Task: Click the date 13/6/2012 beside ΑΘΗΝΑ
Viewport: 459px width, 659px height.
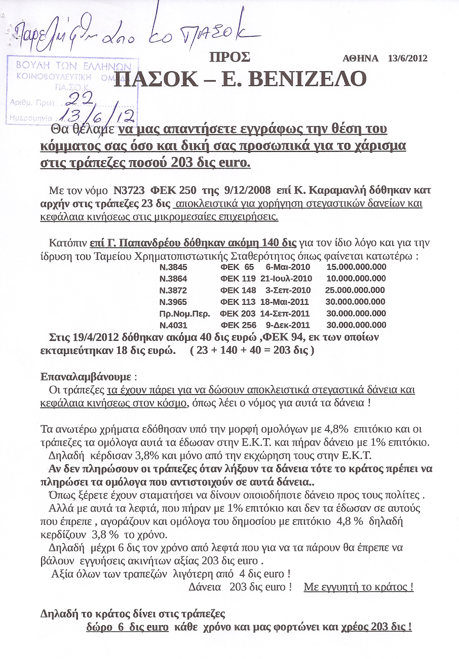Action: point(408,58)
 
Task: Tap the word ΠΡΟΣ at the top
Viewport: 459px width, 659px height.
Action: point(230,57)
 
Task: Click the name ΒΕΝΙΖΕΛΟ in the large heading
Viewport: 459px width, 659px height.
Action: point(308,79)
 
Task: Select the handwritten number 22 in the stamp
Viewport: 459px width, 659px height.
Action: point(81,98)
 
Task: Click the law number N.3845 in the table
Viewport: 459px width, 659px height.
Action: point(173,267)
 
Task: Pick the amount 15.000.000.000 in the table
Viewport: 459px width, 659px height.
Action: point(356,267)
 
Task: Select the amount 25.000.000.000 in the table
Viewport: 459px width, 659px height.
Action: point(355,290)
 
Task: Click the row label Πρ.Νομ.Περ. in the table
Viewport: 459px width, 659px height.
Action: point(184,313)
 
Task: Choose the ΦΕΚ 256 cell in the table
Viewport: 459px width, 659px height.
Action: point(238,325)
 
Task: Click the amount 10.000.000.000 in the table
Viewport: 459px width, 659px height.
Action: point(356,278)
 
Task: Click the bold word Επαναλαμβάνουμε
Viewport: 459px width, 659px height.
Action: point(86,376)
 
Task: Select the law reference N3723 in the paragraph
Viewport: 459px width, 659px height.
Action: point(129,190)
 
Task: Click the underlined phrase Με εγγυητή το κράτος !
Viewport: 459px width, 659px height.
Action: point(358,587)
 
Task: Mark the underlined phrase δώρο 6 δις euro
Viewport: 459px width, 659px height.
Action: point(127,627)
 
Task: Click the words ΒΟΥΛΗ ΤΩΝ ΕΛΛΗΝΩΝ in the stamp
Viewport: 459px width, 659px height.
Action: point(73,66)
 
